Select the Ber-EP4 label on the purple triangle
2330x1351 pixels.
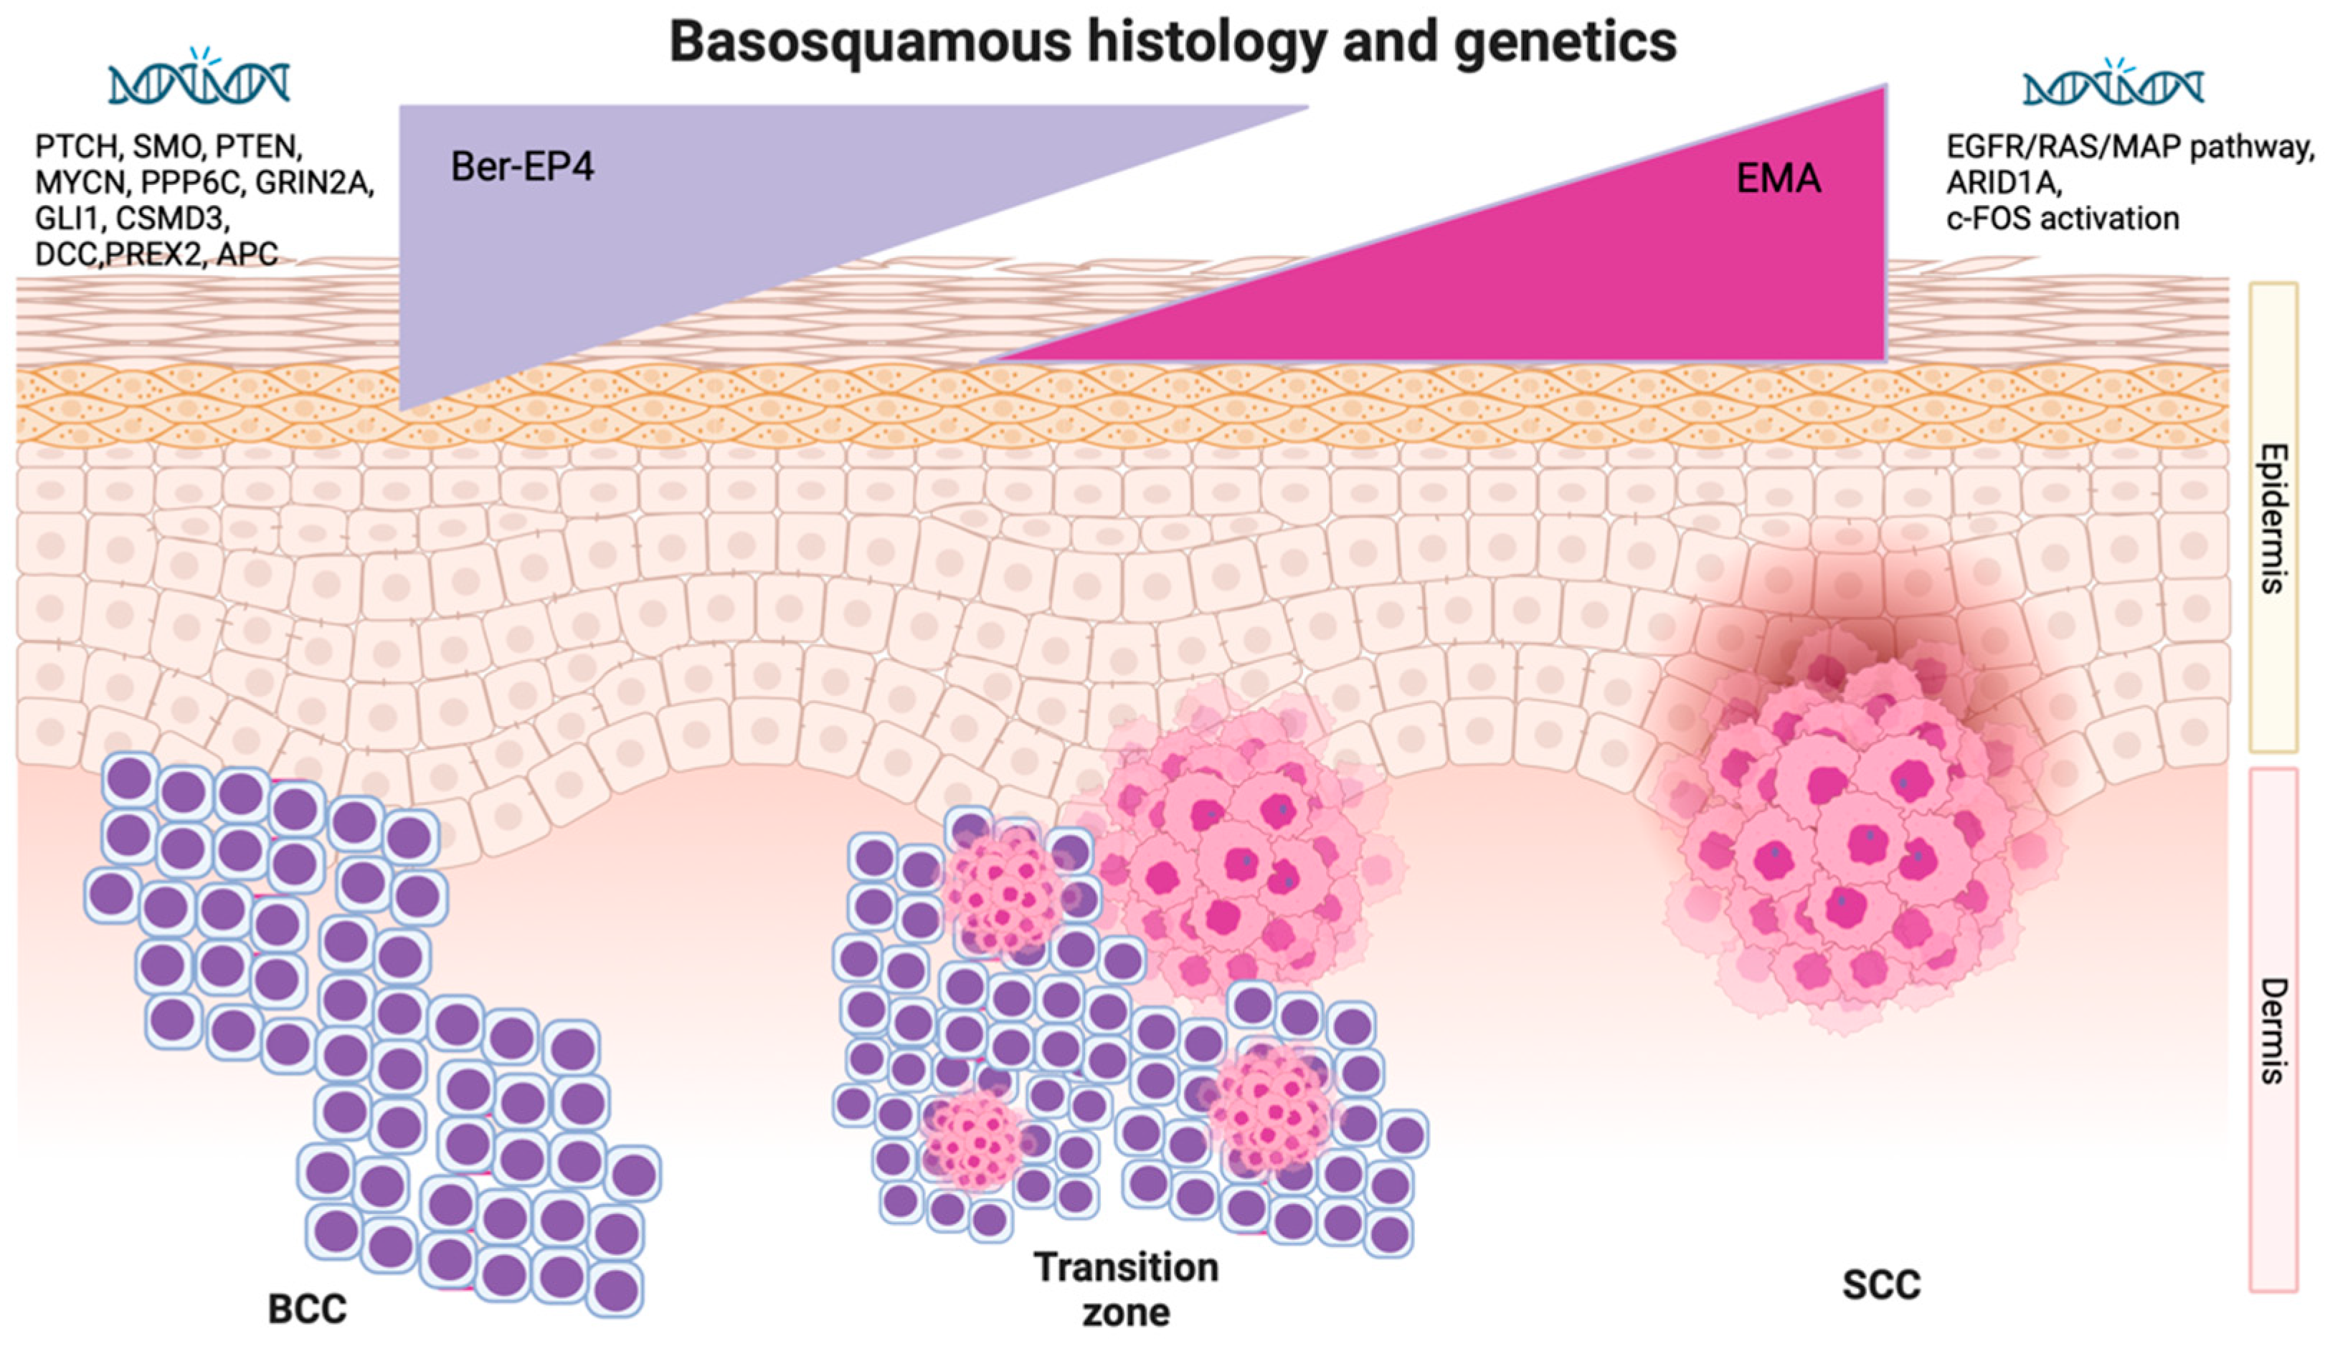521,167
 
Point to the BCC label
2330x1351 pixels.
307,1309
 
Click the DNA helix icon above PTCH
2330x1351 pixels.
199,81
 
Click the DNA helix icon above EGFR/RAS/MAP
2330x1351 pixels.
2113,86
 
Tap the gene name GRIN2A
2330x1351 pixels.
314,182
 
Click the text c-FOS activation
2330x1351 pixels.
2062,219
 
